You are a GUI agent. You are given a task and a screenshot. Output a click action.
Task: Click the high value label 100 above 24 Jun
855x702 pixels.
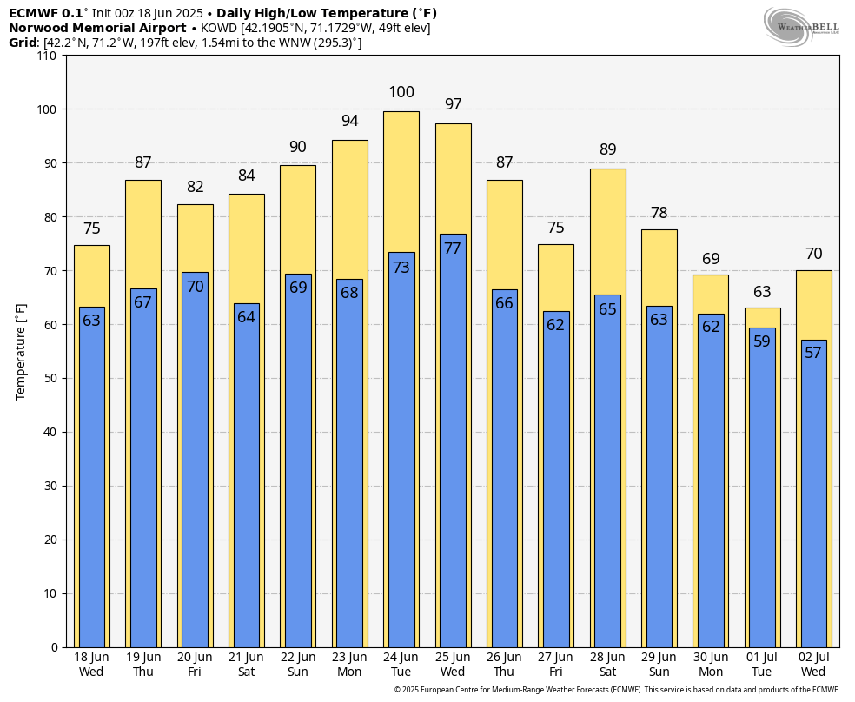point(401,92)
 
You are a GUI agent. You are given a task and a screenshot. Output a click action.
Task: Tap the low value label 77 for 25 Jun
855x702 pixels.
point(453,248)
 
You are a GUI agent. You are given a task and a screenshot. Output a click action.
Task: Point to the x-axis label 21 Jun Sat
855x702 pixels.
point(247,664)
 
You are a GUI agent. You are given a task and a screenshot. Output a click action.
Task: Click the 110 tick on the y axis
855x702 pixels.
point(47,56)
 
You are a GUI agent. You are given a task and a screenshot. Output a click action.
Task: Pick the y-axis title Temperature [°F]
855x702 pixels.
point(22,351)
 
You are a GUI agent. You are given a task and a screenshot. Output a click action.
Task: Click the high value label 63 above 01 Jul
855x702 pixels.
point(762,292)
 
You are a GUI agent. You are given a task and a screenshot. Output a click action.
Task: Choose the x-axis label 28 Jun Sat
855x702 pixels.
point(607,664)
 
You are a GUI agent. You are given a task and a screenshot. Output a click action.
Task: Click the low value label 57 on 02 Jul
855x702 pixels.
point(813,353)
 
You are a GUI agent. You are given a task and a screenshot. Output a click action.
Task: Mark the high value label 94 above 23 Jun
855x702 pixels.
point(350,121)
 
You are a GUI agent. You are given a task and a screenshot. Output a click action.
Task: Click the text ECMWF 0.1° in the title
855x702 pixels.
point(46,13)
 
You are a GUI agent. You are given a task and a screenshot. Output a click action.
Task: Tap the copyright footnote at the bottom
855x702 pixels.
point(616,690)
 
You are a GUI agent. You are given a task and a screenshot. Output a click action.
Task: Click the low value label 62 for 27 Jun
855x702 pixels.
point(556,325)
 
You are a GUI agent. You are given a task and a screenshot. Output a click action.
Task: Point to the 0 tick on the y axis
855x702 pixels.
point(54,647)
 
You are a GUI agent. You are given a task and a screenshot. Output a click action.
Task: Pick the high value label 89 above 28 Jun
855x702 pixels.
point(607,149)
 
